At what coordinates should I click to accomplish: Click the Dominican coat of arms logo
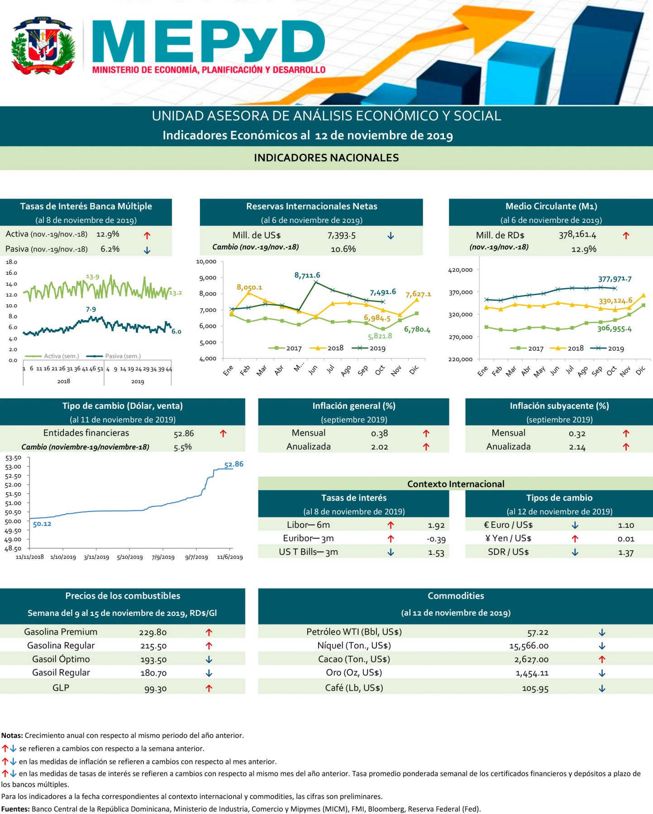[x=43, y=46]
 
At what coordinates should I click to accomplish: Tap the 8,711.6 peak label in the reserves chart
[x=307, y=275]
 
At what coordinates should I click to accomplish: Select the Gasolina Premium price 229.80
[x=153, y=632]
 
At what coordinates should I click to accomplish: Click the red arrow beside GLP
[x=209, y=688]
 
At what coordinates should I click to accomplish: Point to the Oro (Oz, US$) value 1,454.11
[x=532, y=673]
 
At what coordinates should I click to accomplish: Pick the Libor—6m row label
[x=308, y=525]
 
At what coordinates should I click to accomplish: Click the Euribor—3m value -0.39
[x=436, y=539]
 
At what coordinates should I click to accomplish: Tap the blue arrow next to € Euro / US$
[x=575, y=525]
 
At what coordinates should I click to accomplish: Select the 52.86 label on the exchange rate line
[x=234, y=464]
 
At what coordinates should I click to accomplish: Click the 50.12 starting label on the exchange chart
[x=42, y=524]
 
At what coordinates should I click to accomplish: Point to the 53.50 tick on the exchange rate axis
[x=13, y=458]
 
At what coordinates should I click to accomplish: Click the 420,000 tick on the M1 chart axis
[x=460, y=270]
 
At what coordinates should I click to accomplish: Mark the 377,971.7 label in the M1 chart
[x=615, y=279]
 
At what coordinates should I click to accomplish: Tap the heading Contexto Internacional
[x=455, y=484]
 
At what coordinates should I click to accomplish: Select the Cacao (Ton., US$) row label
[x=354, y=659]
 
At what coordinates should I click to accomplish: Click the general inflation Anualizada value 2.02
[x=379, y=447]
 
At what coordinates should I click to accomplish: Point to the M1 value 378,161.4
[x=577, y=235]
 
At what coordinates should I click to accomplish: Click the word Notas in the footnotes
[x=12, y=735]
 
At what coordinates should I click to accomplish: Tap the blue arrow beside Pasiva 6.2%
[x=147, y=250]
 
